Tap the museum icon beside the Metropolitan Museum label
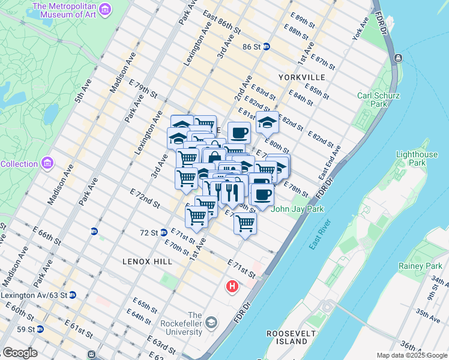tap(105, 10)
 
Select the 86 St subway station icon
tap(266, 46)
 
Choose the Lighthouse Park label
tap(417, 158)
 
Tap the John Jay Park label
tap(294, 209)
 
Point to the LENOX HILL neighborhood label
tap(147, 262)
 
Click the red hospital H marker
tap(232, 287)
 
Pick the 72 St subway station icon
tap(164, 233)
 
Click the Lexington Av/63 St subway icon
tap(73, 295)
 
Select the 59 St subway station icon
tap(40, 329)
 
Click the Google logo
tap(20, 353)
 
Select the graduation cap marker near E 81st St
tap(267, 123)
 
